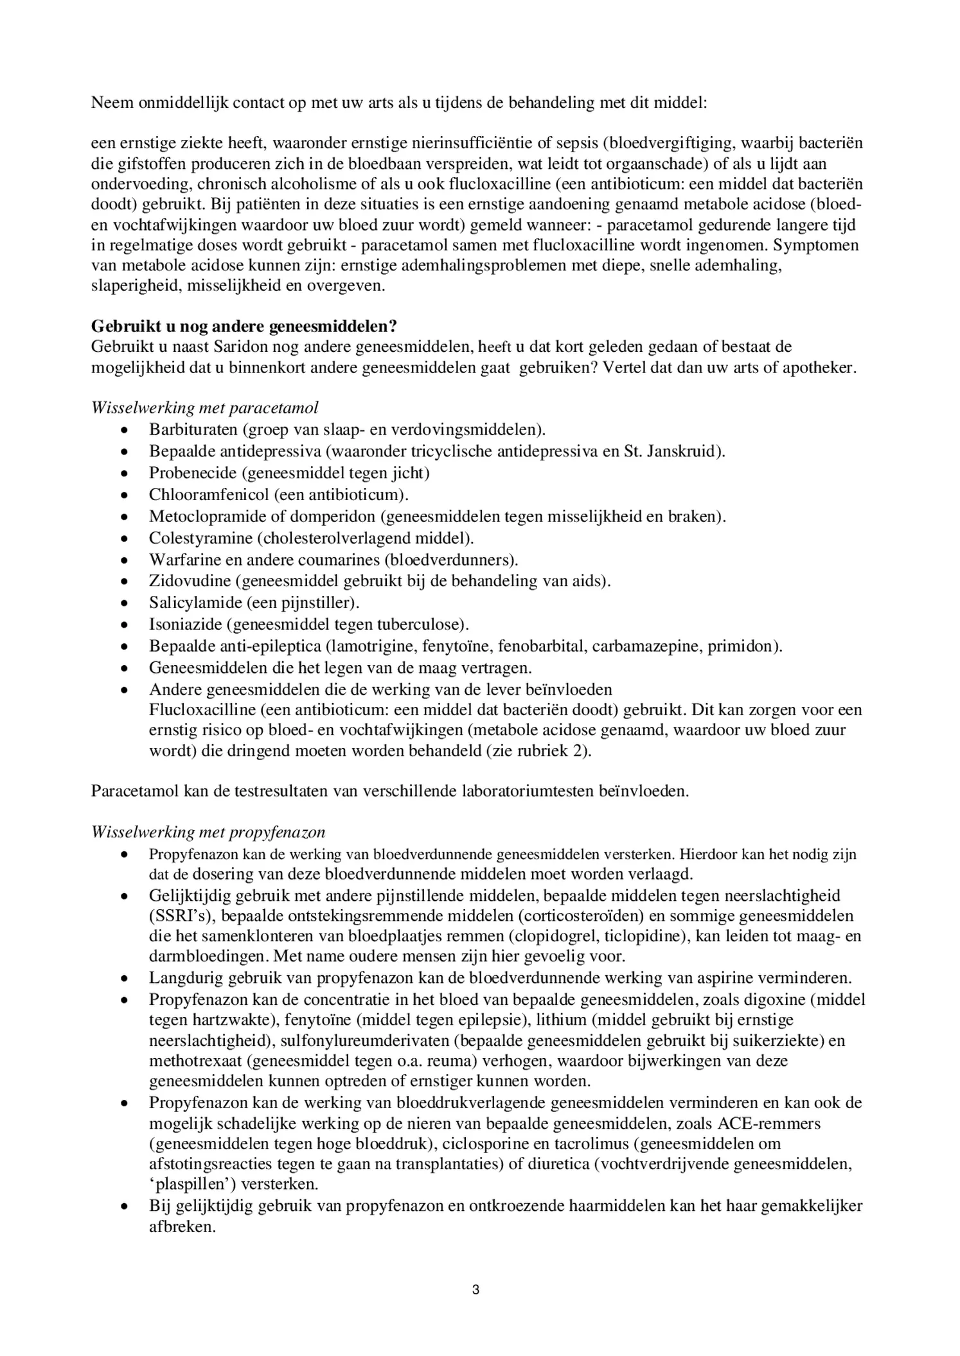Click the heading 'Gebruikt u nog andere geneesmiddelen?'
[x=244, y=326]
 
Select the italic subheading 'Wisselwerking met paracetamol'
[x=205, y=408]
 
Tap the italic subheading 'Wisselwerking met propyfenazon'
[x=208, y=832]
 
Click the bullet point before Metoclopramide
[x=126, y=517]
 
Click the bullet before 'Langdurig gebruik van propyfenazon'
[x=126, y=979]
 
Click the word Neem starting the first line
[x=112, y=103]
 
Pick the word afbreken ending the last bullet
[x=182, y=1226]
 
